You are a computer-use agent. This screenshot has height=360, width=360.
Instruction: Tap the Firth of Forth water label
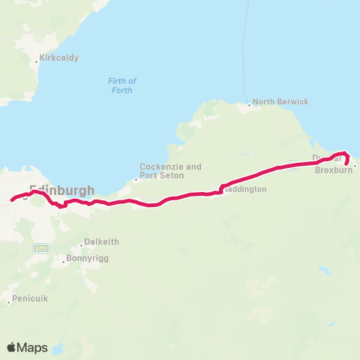click(x=121, y=85)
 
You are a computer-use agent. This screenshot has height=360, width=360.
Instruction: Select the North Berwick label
click(x=280, y=101)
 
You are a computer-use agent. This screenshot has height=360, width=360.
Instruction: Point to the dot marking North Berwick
click(x=250, y=105)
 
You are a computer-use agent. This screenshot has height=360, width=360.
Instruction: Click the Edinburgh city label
click(x=61, y=190)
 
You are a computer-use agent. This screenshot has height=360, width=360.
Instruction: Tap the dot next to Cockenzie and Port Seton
click(x=136, y=178)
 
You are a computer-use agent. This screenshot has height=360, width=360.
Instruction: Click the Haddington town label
click(x=246, y=190)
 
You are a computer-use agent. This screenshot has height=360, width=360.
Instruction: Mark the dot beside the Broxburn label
click(x=355, y=166)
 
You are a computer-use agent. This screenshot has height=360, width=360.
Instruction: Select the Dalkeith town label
click(x=102, y=242)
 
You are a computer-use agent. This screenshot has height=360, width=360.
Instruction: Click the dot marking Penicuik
click(x=10, y=301)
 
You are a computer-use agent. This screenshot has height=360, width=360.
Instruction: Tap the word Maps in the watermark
click(x=34, y=347)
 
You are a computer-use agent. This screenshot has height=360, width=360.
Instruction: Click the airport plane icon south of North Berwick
click(x=245, y=156)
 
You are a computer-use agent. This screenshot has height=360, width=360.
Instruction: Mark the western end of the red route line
click(x=11, y=200)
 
